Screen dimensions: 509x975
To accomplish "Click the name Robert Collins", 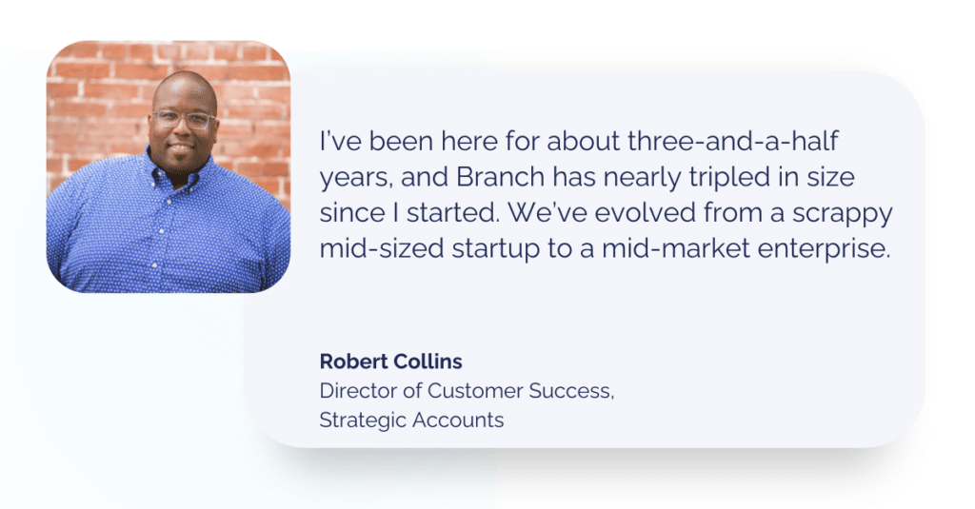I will pyautogui.click(x=391, y=362).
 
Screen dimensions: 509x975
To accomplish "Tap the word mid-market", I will pyautogui.click(x=666, y=248).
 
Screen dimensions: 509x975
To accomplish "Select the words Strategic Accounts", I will pyautogui.click(x=411, y=420).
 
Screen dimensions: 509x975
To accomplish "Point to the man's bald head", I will pyautogui.click(x=183, y=88).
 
